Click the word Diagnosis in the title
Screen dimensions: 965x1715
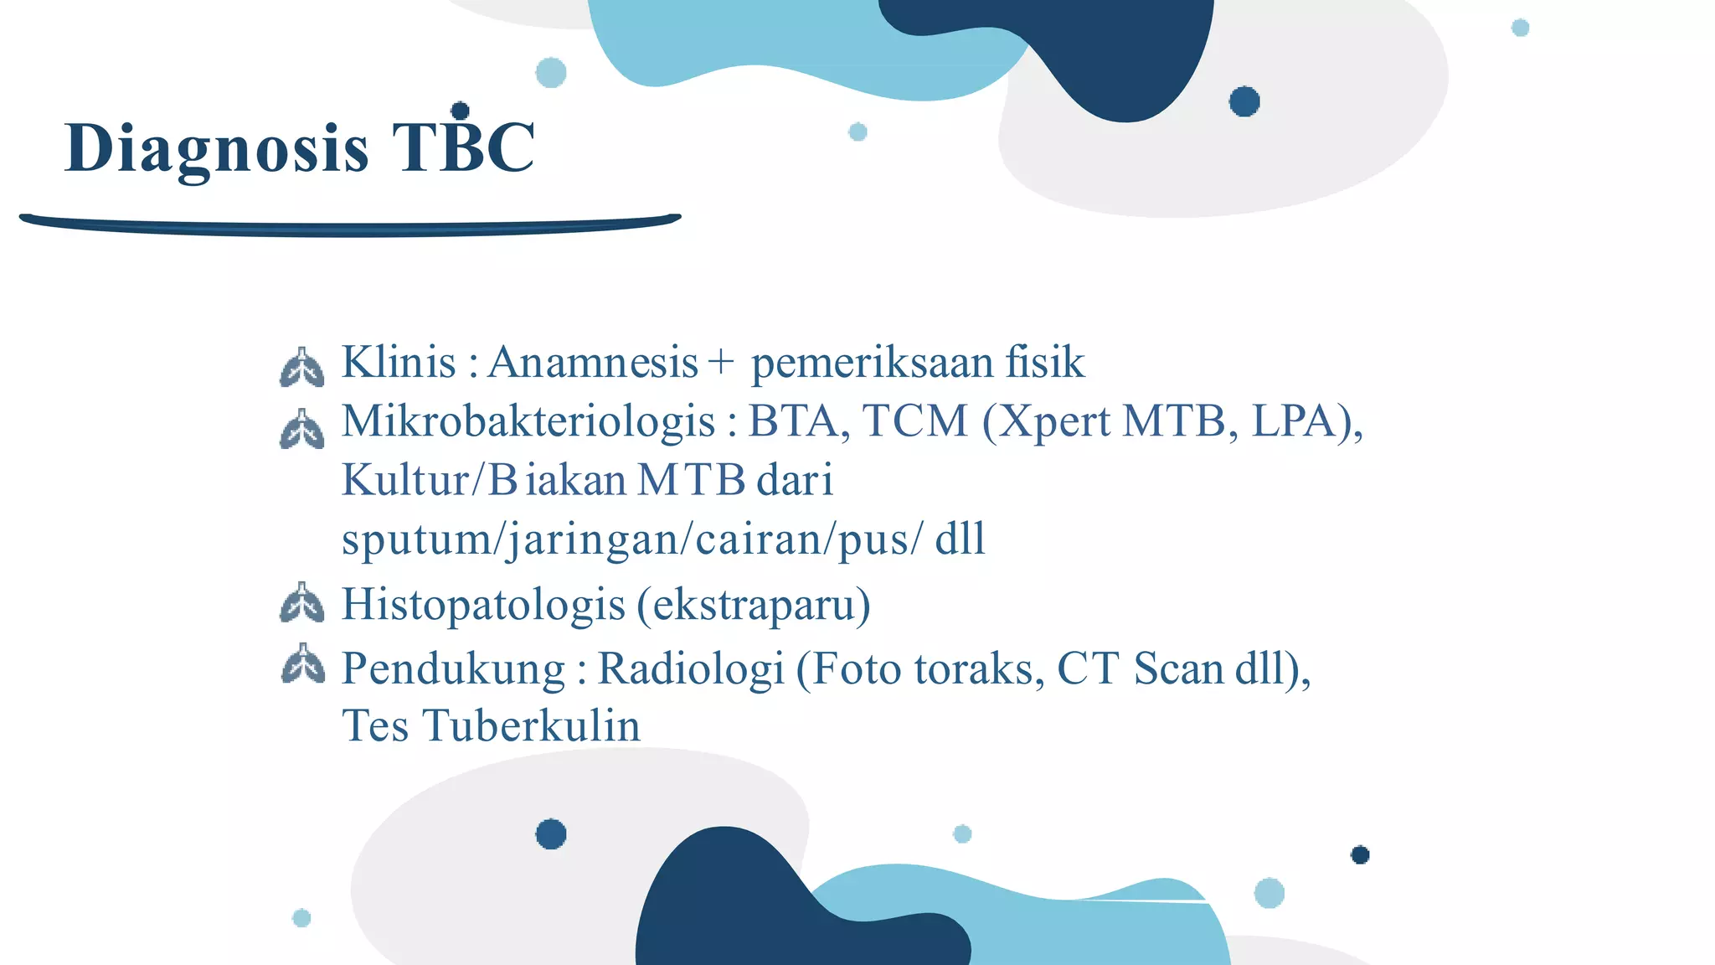click(216, 149)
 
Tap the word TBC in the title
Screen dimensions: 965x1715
click(463, 147)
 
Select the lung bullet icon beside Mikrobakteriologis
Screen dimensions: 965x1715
click(301, 429)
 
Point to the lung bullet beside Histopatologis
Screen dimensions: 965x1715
click(301, 603)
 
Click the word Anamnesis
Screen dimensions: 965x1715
click(593, 363)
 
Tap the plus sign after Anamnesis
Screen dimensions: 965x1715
click(720, 364)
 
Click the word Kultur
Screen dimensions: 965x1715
click(405, 481)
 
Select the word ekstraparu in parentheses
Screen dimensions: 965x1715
click(753, 605)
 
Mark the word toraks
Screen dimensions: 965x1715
click(974, 669)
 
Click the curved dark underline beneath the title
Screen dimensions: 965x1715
click(350, 224)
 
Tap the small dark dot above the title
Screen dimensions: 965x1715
click(460, 111)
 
